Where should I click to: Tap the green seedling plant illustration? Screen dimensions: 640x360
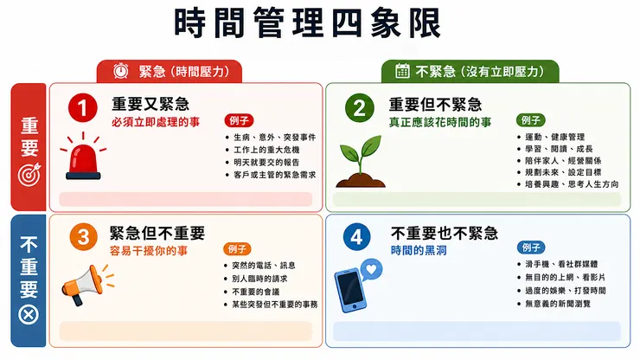coord(361,162)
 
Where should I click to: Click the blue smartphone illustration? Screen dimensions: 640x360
coord(350,291)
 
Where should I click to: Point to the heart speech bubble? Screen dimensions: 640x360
coord(371,269)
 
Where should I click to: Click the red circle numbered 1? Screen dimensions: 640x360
coord(83,108)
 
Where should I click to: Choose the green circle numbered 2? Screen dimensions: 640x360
coord(360,108)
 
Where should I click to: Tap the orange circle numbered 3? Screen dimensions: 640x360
coord(83,236)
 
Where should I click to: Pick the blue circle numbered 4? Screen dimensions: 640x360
coord(356,236)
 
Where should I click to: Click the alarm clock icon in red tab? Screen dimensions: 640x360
coord(121,71)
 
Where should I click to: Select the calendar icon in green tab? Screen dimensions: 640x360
coord(402,70)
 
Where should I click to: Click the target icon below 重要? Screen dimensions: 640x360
coord(29,174)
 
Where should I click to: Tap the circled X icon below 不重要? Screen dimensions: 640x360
coord(29,315)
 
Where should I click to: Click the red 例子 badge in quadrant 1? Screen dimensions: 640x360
coord(240,120)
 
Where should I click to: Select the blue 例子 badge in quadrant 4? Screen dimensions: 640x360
coord(531,247)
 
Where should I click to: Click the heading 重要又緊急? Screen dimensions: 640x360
coord(150,104)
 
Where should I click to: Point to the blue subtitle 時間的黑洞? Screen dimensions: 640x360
coord(419,250)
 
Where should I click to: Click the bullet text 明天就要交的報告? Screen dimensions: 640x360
coord(266,162)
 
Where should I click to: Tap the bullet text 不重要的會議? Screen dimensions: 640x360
coord(256,292)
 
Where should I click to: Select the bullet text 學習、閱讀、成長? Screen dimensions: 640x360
coord(559,149)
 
